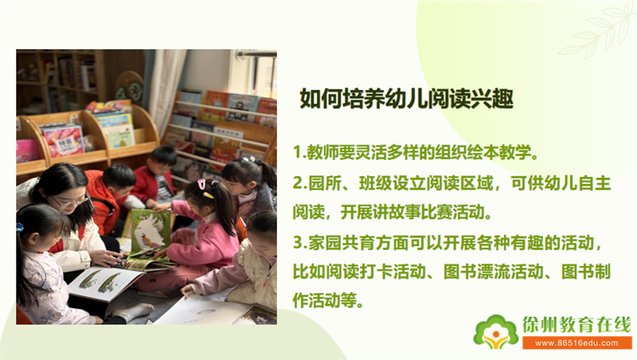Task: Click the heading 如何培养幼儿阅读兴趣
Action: point(406,98)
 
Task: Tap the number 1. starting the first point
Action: point(299,152)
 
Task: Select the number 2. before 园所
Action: point(300,183)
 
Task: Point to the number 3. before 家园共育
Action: point(300,243)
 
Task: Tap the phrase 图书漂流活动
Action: point(493,272)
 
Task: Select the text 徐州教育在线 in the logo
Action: point(576,325)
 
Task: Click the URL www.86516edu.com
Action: point(576,343)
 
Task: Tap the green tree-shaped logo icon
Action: point(496,332)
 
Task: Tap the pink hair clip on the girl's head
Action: point(202,186)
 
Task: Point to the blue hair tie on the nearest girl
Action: point(19,227)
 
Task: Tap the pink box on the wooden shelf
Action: point(27,151)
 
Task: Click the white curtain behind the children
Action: point(166,88)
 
